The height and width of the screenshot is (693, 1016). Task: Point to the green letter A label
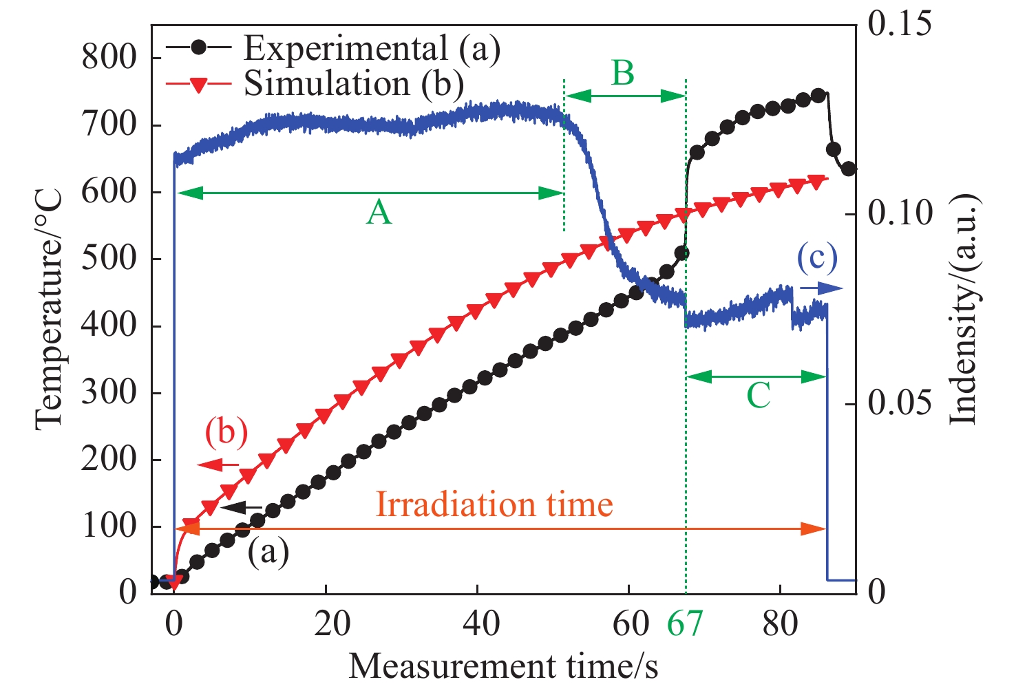(x=379, y=213)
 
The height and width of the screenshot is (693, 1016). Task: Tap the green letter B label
(x=623, y=72)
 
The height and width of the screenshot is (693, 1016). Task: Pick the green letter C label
(x=758, y=396)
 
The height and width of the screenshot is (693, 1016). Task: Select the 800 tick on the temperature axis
(x=109, y=56)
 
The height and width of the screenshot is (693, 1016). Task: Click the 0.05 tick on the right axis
(x=899, y=403)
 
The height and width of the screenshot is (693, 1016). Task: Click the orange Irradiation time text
(x=494, y=504)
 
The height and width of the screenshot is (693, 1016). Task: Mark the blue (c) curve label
(x=817, y=258)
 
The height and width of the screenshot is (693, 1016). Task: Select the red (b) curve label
(x=226, y=433)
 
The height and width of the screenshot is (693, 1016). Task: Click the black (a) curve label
(x=268, y=551)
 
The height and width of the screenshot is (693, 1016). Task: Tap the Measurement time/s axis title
(x=503, y=666)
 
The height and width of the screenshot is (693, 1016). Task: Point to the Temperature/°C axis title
(x=50, y=310)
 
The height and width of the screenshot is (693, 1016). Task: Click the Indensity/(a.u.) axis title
(x=965, y=310)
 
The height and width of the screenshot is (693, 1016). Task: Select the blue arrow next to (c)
(x=821, y=288)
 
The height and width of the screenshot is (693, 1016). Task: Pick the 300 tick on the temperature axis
(x=109, y=393)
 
